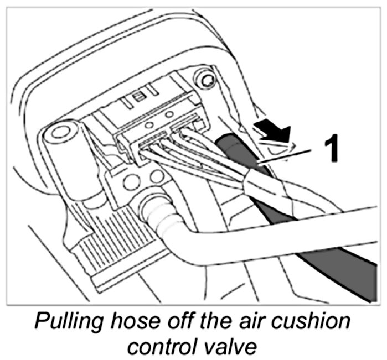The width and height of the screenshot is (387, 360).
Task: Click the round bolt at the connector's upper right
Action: pos(208,81)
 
